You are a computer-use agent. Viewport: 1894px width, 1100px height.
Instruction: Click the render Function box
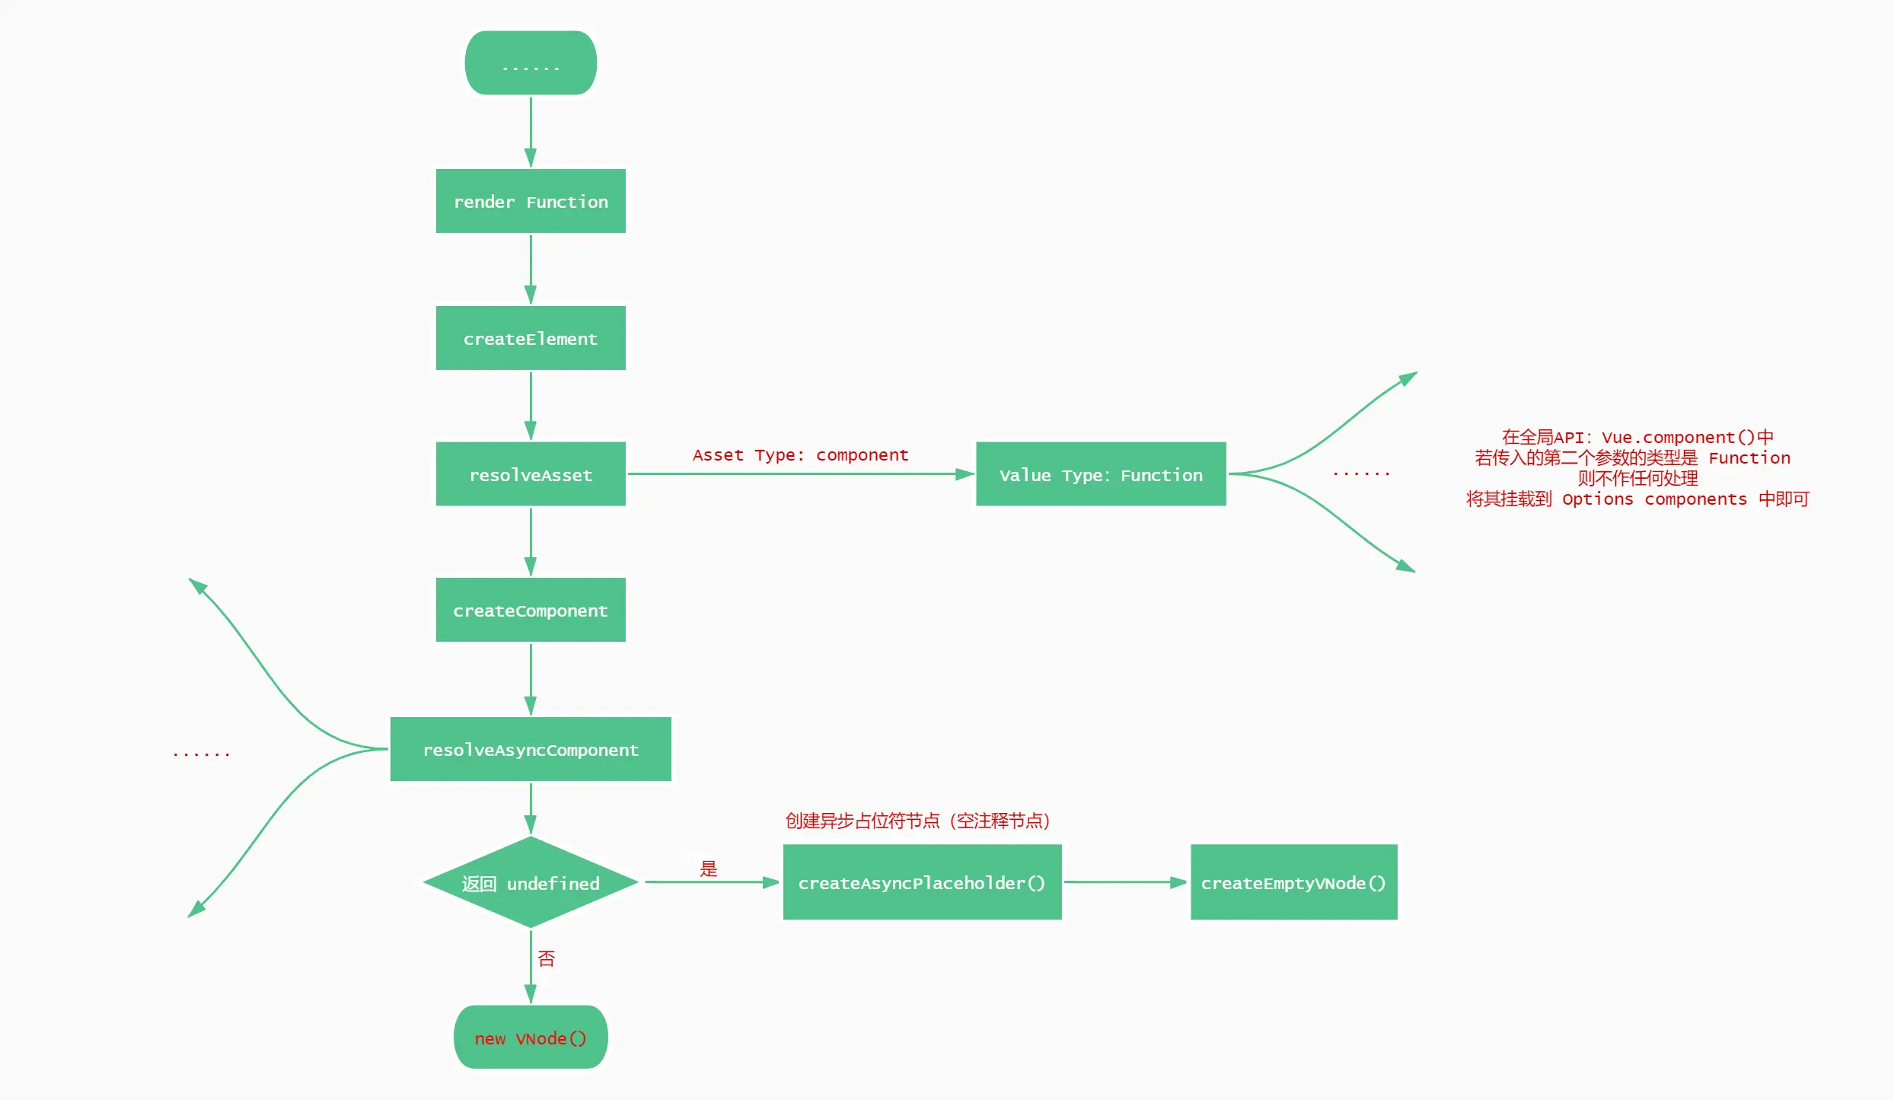coord(531,201)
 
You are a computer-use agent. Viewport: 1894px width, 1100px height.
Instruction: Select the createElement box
coord(531,338)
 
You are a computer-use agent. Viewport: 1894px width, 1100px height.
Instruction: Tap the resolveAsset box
coord(531,474)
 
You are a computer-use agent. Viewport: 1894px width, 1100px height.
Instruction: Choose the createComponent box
coord(531,610)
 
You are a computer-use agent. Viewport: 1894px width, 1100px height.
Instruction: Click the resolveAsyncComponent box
coord(531,749)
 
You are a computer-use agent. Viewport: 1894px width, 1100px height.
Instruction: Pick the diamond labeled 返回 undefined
coord(531,882)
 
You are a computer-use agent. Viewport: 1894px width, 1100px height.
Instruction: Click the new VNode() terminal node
coord(531,1038)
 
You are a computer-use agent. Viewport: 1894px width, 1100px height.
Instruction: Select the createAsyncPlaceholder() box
coord(922,882)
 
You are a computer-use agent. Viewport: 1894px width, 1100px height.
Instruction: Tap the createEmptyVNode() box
coord(1293,882)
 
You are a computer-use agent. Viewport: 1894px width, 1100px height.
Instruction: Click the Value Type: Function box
coord(1101,474)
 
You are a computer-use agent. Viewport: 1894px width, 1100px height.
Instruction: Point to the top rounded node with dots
coord(531,63)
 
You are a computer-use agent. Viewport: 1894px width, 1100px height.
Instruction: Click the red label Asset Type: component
coord(800,454)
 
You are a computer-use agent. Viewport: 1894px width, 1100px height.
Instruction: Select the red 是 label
coord(709,869)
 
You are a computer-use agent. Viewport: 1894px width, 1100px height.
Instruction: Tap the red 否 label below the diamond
coord(547,958)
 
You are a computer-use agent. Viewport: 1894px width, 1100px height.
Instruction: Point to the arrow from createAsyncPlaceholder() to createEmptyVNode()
coord(1125,882)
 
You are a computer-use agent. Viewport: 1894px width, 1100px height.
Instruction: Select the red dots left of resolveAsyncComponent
coord(201,754)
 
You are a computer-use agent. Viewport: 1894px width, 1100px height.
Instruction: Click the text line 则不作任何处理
coord(1637,478)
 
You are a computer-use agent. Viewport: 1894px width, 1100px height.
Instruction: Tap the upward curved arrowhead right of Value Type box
coord(1409,378)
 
